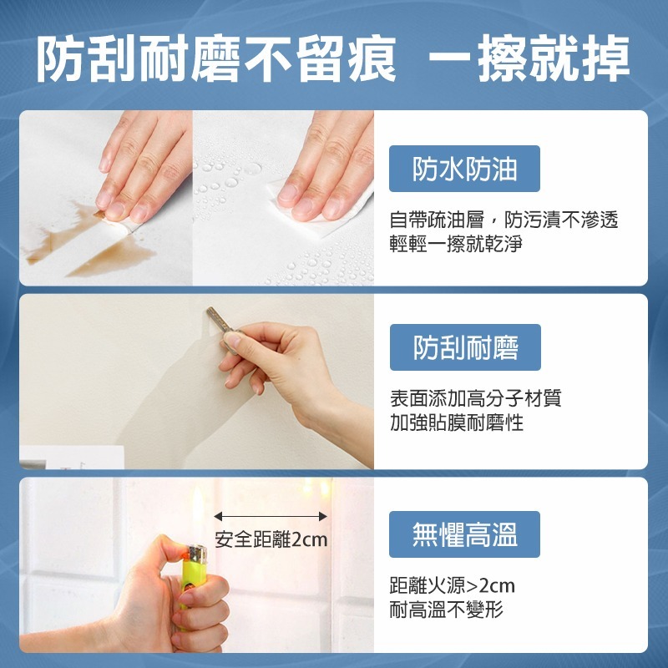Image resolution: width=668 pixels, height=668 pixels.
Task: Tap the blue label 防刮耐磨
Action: [x=465, y=347]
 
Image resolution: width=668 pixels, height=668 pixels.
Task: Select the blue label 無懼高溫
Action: [x=465, y=534]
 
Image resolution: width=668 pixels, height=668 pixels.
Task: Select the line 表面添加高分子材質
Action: [x=475, y=398]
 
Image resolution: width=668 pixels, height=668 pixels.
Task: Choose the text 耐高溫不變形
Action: [x=447, y=610]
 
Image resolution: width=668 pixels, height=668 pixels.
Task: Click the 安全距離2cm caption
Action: [x=271, y=539]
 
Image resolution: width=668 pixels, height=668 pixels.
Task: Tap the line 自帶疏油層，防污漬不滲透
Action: [x=504, y=220]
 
